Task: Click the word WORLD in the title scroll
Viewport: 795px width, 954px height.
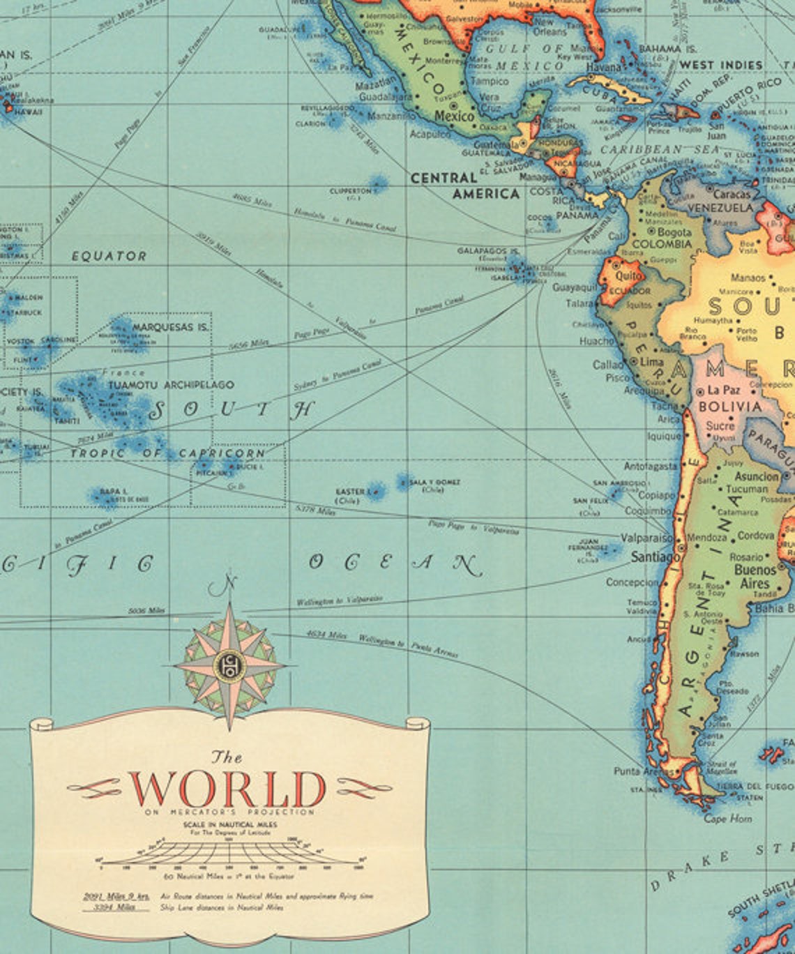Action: tap(228, 789)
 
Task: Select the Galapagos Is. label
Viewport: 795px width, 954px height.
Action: tap(487, 250)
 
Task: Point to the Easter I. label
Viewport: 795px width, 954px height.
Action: tap(351, 492)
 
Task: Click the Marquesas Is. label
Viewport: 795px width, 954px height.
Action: tap(171, 326)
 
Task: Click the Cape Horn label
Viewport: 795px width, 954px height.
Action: tap(727, 819)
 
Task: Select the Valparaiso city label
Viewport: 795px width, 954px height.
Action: tap(647, 538)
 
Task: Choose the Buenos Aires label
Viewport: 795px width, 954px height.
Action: tap(754, 577)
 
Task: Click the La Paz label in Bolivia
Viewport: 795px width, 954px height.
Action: tap(723, 391)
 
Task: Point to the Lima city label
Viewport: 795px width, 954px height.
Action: tap(651, 363)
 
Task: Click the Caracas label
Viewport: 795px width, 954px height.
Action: tap(732, 195)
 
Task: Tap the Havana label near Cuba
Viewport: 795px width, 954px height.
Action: tap(603, 68)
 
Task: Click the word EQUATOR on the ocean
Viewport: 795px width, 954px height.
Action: tap(109, 256)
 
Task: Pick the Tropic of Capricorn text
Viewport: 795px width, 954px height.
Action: tap(167, 453)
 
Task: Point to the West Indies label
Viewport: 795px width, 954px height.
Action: tap(721, 65)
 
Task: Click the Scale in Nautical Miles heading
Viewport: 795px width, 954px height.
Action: tap(230, 824)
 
